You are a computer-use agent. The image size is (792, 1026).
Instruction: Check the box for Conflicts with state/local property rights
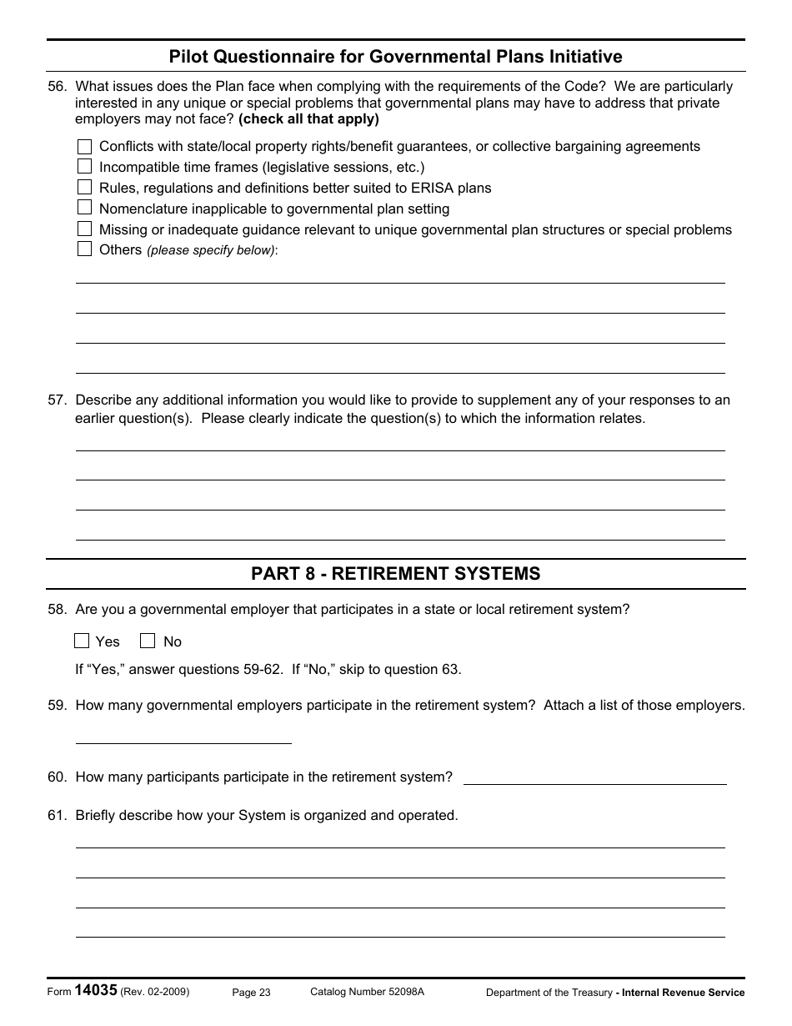click(x=84, y=147)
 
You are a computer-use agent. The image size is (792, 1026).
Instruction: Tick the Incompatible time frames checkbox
click(x=84, y=167)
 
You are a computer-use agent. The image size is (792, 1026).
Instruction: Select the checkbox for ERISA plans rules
click(x=84, y=188)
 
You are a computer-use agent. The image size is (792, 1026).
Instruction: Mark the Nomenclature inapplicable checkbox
click(x=84, y=208)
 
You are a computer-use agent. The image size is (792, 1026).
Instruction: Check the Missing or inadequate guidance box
click(x=84, y=229)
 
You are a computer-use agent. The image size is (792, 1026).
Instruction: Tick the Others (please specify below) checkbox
click(x=84, y=249)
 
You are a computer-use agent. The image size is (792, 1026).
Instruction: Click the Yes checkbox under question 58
click(x=82, y=641)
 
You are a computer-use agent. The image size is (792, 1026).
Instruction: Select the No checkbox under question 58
click(x=148, y=641)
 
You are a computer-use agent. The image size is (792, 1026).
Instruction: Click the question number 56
click(x=57, y=86)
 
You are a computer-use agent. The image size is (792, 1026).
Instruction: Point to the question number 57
click(x=57, y=400)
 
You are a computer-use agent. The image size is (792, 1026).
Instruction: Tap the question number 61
click(x=57, y=816)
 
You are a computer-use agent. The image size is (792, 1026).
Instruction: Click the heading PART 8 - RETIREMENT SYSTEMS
click(x=396, y=574)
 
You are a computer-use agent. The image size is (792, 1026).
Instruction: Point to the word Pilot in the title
click(x=188, y=57)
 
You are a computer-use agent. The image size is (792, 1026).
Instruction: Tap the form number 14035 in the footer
click(x=96, y=991)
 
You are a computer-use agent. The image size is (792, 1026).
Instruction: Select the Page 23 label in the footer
click(x=251, y=993)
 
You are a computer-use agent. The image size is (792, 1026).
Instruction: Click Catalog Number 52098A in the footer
click(x=367, y=992)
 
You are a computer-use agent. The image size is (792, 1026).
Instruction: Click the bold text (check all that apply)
click(x=308, y=119)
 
